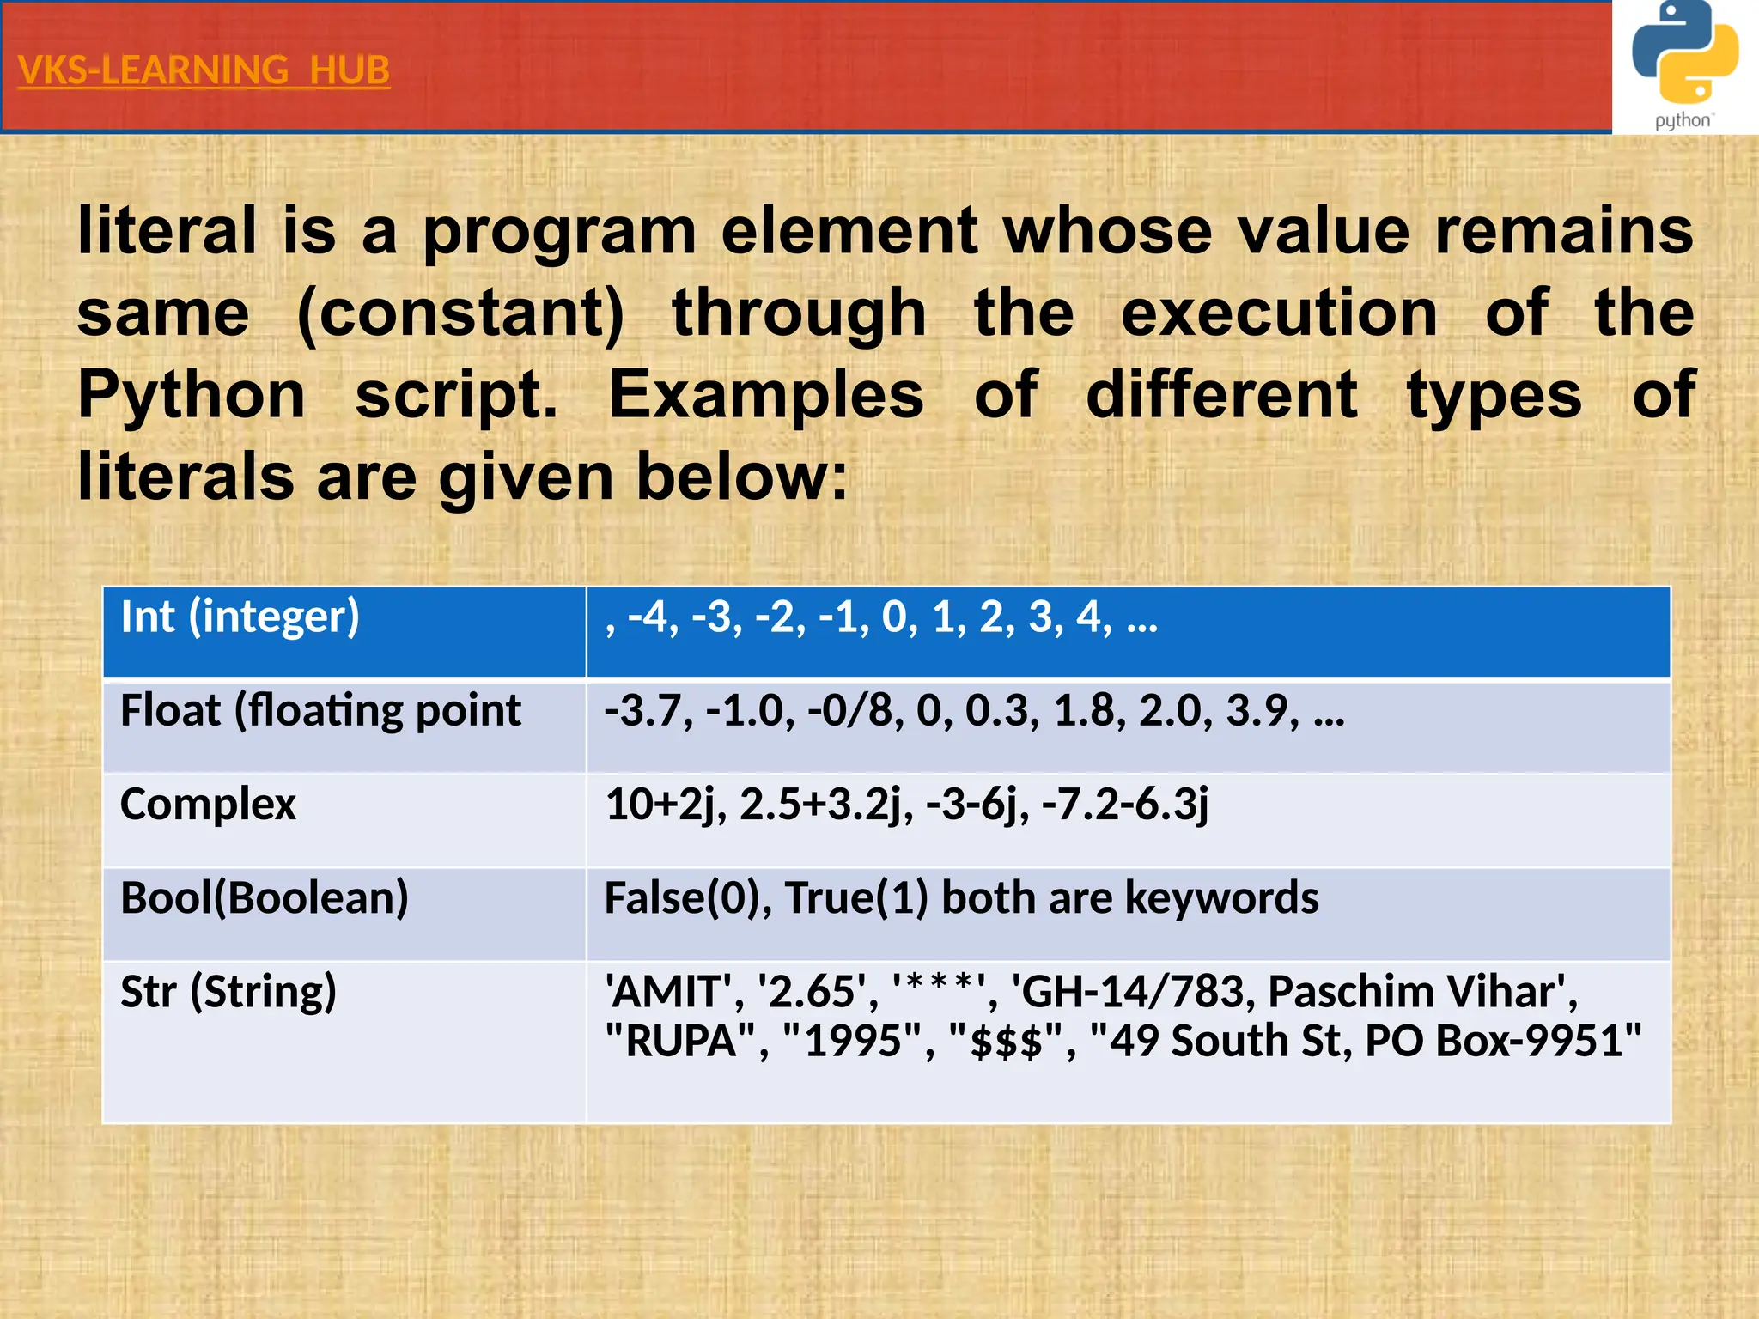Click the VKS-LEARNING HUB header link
(204, 70)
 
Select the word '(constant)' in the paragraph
(460, 313)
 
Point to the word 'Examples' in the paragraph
(765, 394)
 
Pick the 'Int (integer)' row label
(240, 617)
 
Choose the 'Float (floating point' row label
(320, 710)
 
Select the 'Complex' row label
(208, 804)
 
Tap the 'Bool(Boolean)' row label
(265, 897)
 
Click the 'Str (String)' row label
(228, 991)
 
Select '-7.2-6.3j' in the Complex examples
(1125, 804)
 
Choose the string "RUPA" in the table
(682, 1041)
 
